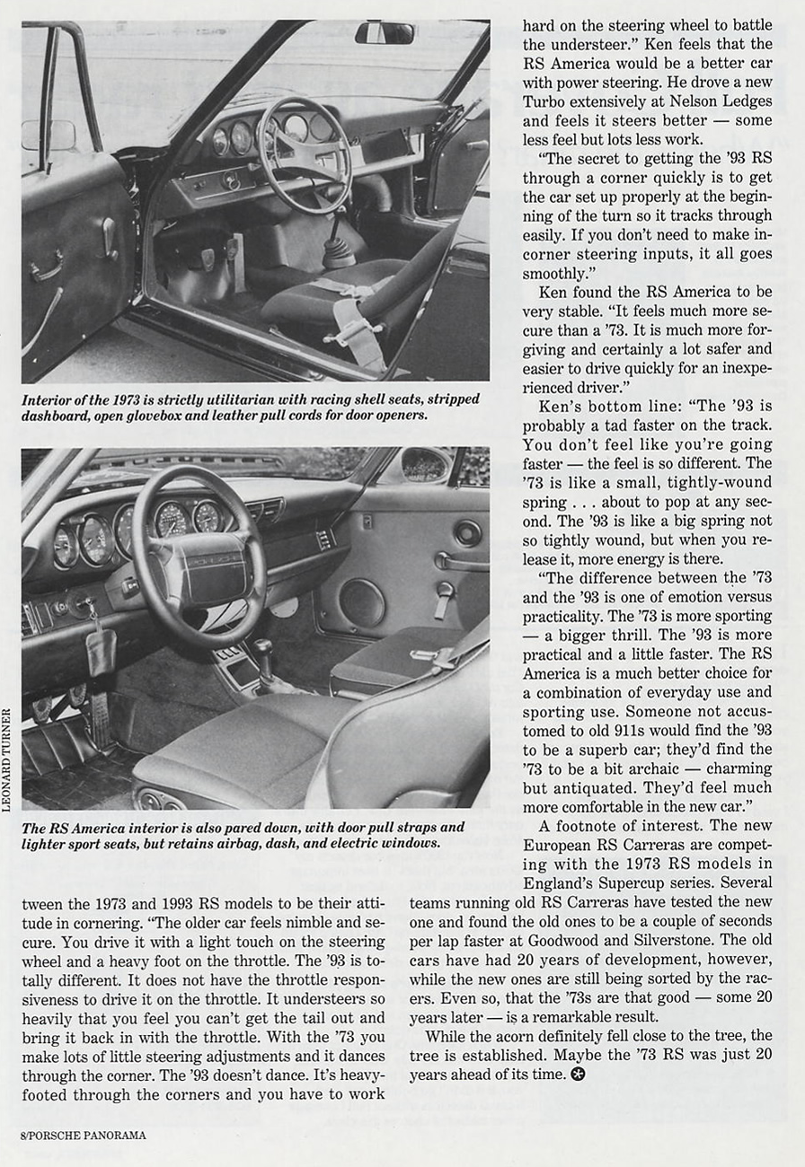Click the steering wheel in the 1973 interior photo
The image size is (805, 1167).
[x=305, y=154]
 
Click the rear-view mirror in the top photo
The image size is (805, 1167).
[x=385, y=33]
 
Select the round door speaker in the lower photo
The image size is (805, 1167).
[x=361, y=603]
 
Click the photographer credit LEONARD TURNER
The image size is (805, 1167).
[x=7, y=759]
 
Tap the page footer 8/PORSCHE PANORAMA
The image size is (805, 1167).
[x=83, y=1135]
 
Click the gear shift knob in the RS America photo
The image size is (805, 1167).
[x=261, y=648]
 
